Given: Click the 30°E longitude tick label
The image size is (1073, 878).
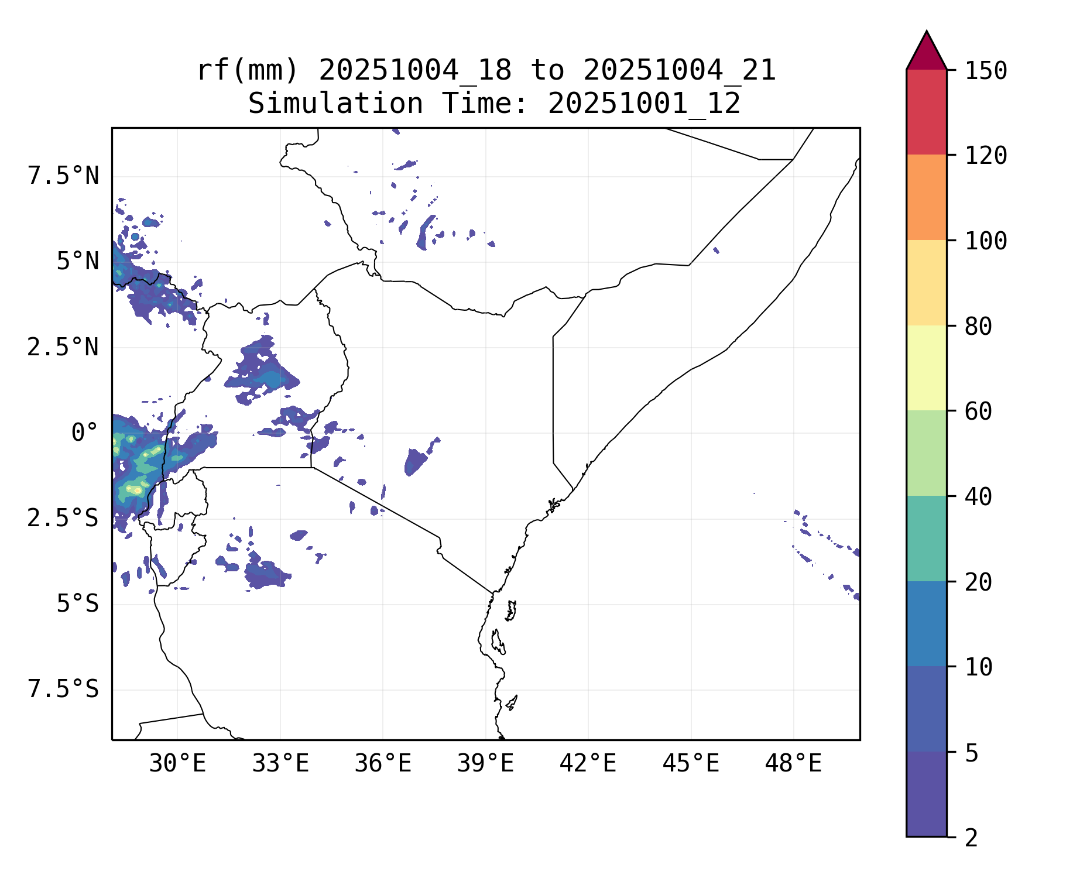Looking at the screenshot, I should point(177,764).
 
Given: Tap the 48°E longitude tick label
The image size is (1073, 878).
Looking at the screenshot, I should point(793,764).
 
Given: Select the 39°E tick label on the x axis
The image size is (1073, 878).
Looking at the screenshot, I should point(485,764).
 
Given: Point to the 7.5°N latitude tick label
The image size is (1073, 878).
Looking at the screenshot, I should point(63,176).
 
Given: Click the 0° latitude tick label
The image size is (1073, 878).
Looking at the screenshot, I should point(85,433).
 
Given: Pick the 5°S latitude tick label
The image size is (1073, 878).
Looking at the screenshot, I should point(77,603).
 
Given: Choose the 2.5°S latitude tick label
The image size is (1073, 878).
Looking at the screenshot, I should point(63,518).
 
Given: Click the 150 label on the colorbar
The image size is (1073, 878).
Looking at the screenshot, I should point(986,71).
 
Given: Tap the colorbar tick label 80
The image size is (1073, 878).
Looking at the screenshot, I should point(978,327).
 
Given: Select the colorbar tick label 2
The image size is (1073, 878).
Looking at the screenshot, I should point(971,838).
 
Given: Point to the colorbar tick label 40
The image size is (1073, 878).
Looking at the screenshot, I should point(978,497).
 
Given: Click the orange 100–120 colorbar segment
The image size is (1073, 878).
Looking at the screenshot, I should point(926,197).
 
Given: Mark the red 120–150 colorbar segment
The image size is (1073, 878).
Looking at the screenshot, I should point(926,112).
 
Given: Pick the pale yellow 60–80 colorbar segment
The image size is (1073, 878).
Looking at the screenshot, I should point(926,368).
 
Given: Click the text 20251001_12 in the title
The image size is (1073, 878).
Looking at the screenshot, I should point(644,104).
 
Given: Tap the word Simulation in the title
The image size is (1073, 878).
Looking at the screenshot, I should point(335,104).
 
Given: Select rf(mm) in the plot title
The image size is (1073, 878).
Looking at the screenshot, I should point(248,71).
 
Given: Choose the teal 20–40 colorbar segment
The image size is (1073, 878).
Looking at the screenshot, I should point(926,539).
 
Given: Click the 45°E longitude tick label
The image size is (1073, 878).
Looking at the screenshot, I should point(691,764).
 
